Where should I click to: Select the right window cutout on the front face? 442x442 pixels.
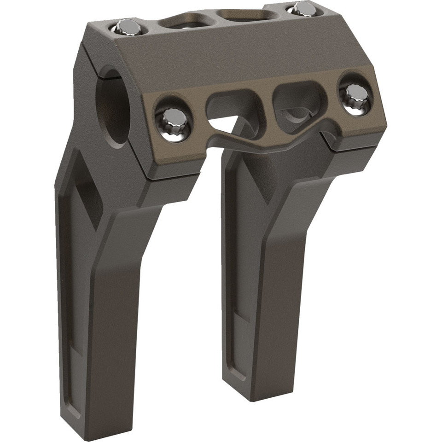(x=299, y=102)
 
